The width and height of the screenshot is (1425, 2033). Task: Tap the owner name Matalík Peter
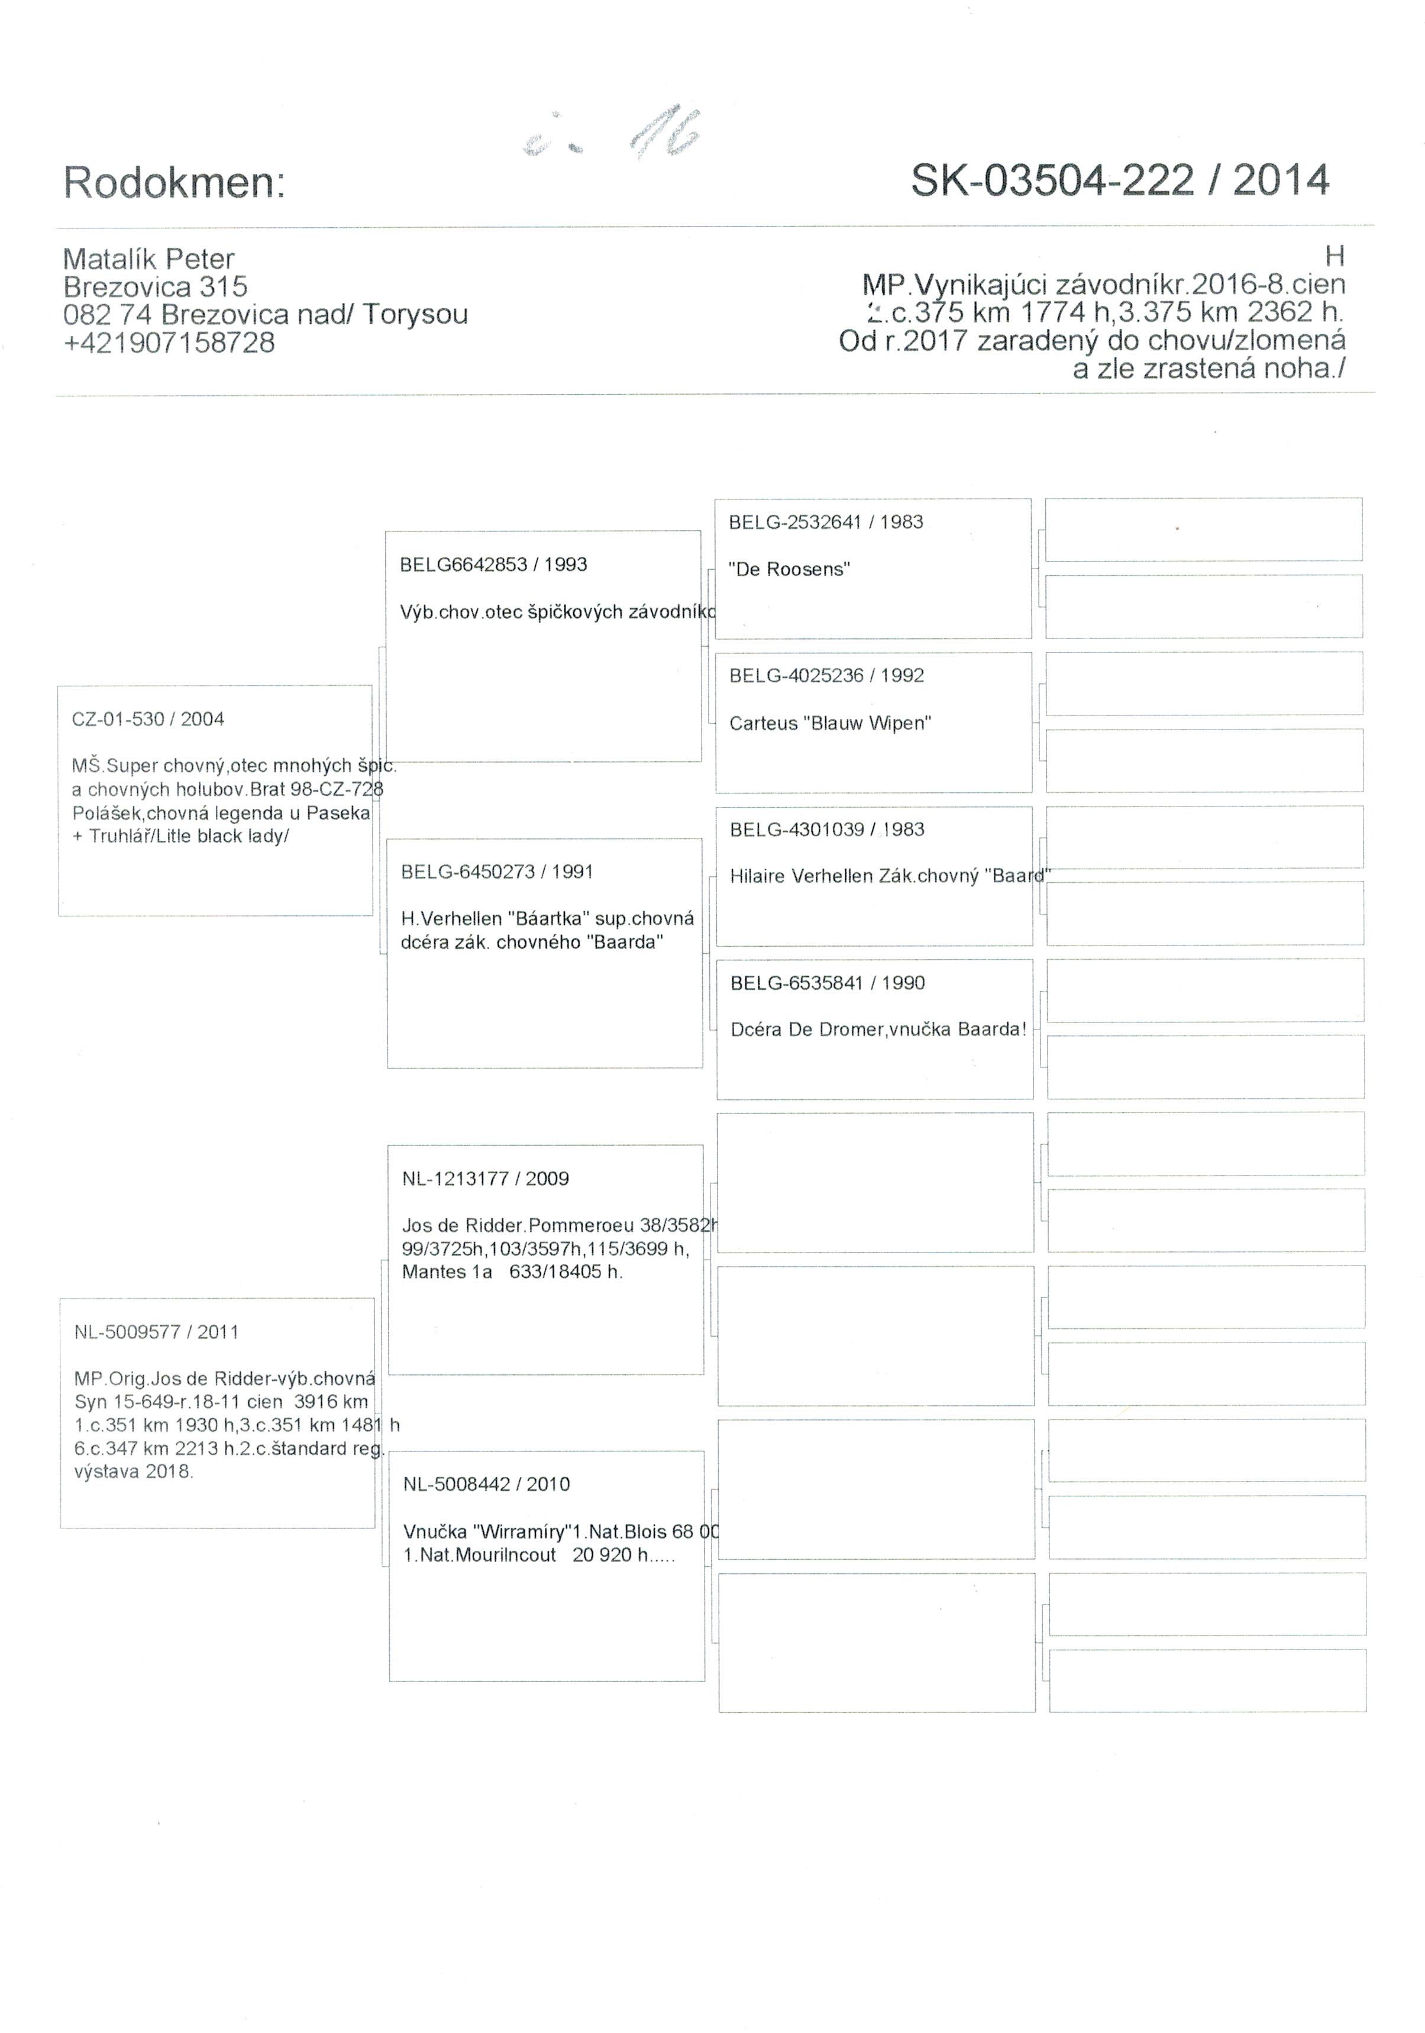148,259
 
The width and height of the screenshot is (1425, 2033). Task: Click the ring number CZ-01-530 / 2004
148,719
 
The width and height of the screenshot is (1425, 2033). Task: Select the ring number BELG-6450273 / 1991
496,872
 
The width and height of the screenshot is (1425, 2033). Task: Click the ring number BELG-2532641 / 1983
825,522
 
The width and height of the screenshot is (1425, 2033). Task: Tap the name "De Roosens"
789,569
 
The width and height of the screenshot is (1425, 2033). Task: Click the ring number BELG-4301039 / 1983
827,830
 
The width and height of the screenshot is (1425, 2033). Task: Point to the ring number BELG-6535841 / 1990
827,983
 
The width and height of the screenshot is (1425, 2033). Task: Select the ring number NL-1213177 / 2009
485,1179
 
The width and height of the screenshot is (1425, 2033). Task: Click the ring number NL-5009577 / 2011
156,1332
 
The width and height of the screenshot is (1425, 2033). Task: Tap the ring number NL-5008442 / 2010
486,1484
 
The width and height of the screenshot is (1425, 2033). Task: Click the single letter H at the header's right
1334,257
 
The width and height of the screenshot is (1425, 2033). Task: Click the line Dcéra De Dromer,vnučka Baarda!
878,1030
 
